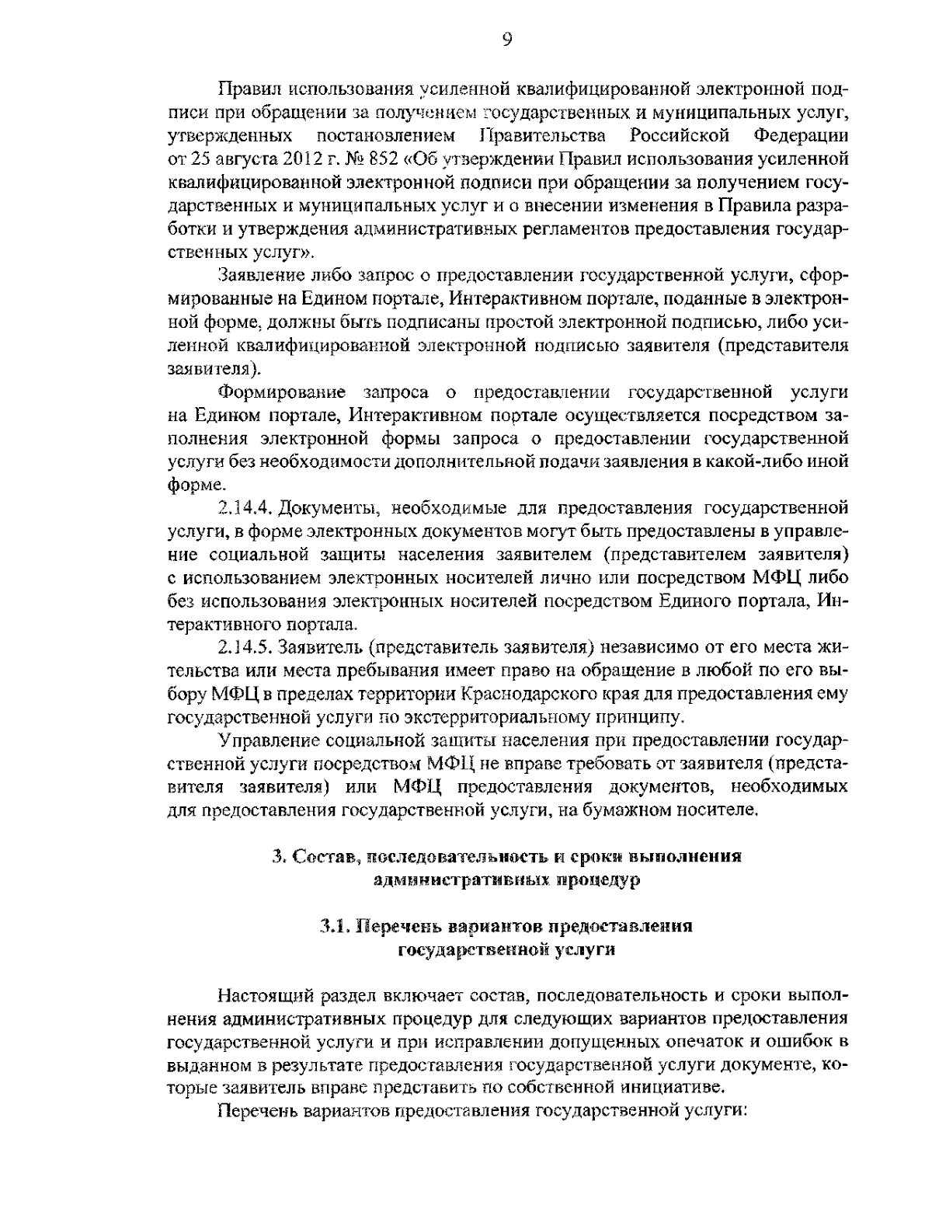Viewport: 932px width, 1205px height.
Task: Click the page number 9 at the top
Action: tap(506, 40)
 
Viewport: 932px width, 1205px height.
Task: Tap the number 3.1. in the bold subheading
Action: tap(335, 927)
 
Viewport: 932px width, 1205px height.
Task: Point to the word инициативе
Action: tap(667, 1086)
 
